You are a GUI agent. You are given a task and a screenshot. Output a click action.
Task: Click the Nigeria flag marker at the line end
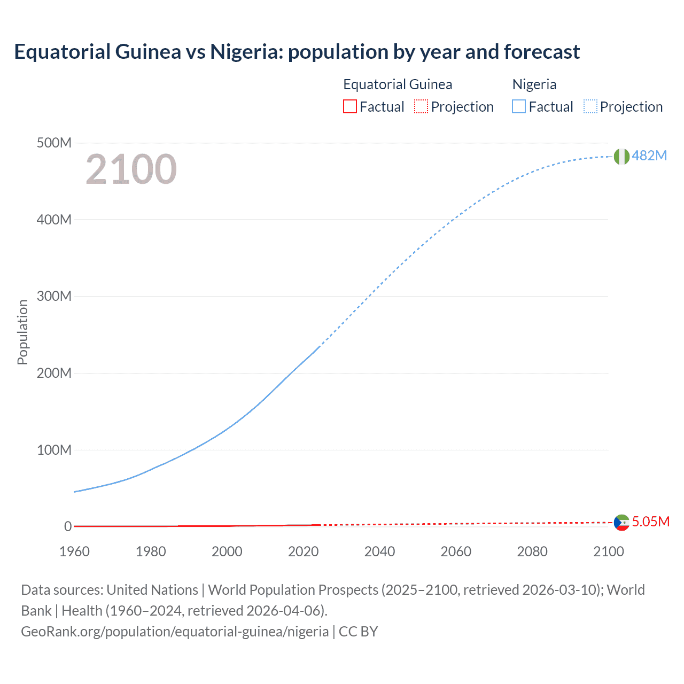tap(621, 157)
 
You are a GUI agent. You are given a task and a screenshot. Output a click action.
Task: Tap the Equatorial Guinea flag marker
tap(621, 523)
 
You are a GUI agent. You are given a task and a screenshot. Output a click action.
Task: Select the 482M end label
tap(649, 156)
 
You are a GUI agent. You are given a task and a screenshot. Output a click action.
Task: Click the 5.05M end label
tap(650, 522)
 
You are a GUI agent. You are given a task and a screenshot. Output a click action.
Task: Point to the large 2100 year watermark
tap(131, 169)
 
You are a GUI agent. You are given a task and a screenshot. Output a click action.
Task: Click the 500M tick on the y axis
tap(54, 143)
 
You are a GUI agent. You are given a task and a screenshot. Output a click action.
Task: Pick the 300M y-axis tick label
tap(54, 297)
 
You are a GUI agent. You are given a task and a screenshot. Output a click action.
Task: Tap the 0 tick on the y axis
tap(68, 527)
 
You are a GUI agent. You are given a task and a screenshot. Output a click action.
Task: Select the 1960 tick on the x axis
tap(74, 551)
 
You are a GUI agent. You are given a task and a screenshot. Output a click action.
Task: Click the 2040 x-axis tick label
tap(379, 551)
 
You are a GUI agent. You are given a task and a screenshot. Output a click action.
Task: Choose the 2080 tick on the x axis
tap(532, 551)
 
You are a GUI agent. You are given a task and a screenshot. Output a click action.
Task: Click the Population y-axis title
tap(22, 332)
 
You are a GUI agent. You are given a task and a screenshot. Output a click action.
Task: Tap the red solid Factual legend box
tap(350, 107)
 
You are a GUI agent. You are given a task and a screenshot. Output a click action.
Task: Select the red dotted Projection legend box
tap(421, 107)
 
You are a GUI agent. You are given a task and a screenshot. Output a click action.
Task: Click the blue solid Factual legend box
tap(519, 107)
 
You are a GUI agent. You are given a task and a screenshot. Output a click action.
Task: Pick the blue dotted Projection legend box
tap(590, 107)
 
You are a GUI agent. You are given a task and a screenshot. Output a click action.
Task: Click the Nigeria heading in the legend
tap(534, 84)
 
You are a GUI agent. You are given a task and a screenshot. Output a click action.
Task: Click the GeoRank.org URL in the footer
tap(175, 632)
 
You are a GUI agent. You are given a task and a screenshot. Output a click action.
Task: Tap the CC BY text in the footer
tap(359, 632)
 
